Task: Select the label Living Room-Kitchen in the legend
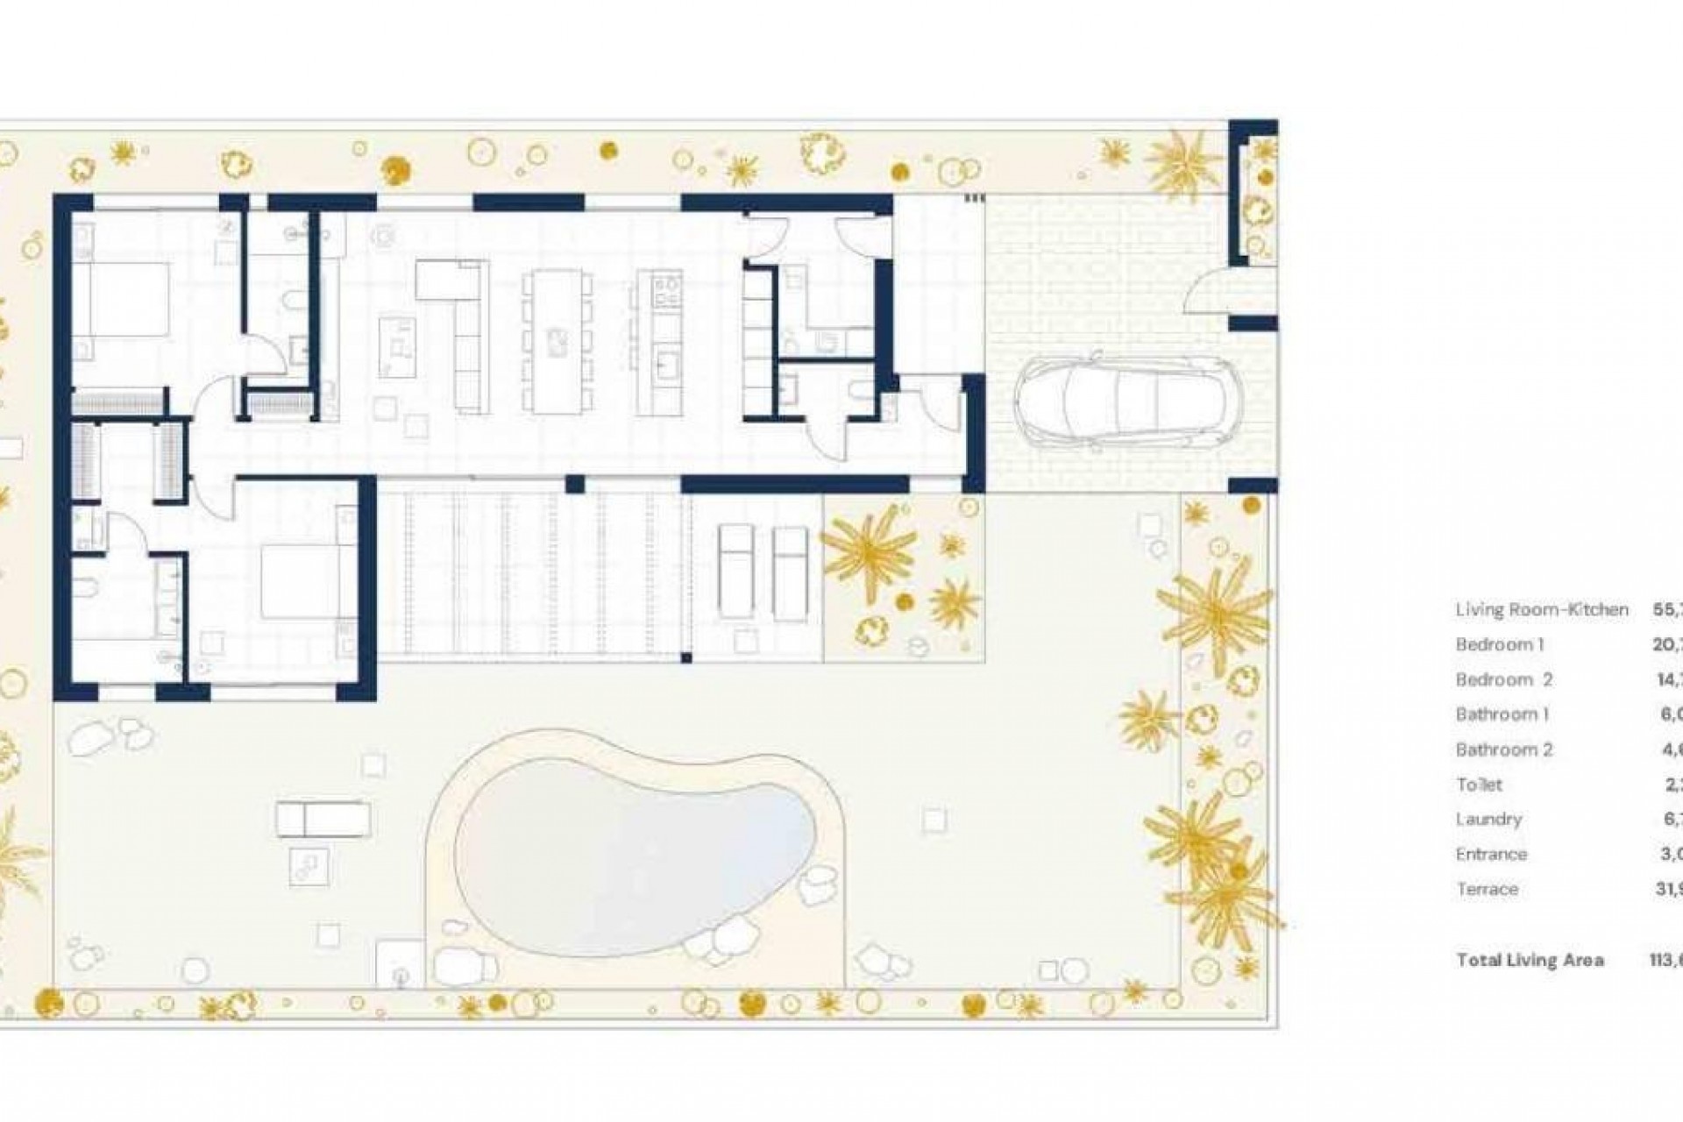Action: click(1542, 609)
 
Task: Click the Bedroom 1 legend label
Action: click(1499, 644)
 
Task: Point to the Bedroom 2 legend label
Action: click(1503, 679)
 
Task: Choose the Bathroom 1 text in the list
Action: click(1502, 714)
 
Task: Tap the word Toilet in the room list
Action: click(1479, 785)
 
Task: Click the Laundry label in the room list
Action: click(1488, 820)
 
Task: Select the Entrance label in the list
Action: click(1491, 854)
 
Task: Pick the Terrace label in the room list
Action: click(1487, 889)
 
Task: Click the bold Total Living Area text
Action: click(1530, 960)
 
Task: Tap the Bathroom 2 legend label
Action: click(1503, 749)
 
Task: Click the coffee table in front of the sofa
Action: click(397, 347)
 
